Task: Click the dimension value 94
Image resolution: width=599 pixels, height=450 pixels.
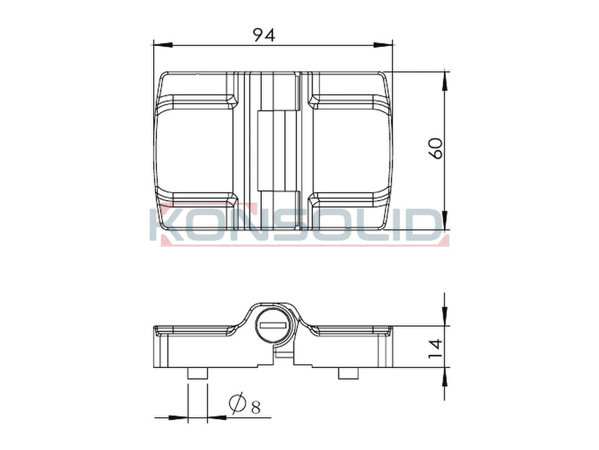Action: point(264,35)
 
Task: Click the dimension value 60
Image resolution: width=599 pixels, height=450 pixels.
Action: point(436,149)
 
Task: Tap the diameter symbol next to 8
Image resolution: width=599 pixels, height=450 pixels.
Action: point(237,403)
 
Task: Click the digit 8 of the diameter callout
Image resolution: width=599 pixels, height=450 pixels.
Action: point(256,407)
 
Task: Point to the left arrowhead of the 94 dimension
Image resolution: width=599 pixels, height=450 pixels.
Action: point(162,45)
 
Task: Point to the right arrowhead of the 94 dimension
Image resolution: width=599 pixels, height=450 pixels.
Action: point(383,45)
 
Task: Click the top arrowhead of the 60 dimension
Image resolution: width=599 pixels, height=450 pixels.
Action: point(445,81)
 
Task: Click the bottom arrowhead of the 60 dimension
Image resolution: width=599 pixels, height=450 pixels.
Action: point(445,220)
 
